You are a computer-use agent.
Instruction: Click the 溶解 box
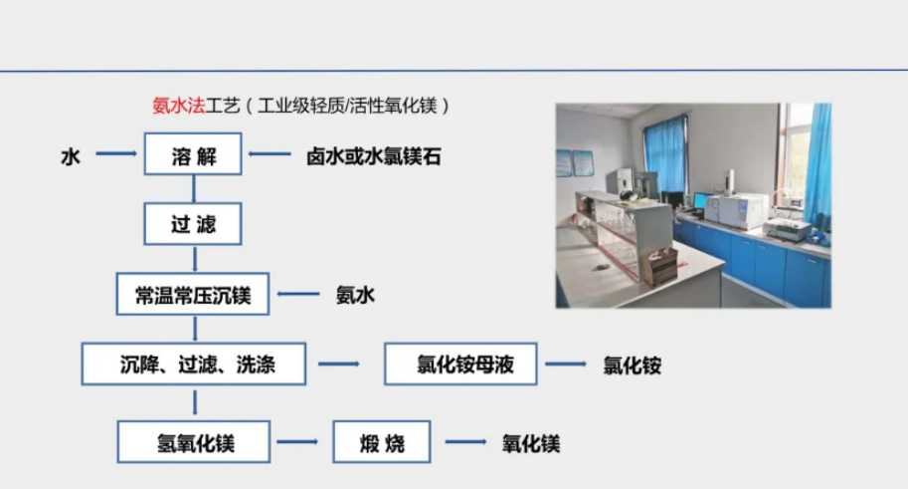coord(193,153)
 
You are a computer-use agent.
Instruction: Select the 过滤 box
coord(193,224)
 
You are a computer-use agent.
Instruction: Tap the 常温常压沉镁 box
coord(193,294)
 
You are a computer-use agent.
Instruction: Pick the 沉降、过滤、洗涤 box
coord(193,365)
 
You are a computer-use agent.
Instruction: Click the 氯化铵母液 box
coord(460,365)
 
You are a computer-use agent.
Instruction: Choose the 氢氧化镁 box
coord(194,442)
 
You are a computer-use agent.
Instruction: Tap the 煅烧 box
coord(382,442)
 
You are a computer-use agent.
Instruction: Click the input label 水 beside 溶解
coord(71,156)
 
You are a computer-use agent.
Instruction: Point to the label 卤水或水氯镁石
coord(374,156)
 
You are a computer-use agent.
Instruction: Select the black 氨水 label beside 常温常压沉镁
coord(356,295)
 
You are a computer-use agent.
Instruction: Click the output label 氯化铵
coord(633,366)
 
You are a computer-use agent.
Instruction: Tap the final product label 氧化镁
coord(531,444)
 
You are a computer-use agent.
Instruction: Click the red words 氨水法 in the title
coord(178,106)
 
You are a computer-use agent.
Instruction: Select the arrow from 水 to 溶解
coord(116,153)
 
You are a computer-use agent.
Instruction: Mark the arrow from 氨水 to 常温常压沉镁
coord(298,294)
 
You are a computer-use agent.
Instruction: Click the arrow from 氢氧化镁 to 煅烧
coord(297,442)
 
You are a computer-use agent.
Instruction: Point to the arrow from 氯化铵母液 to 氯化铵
coord(566,365)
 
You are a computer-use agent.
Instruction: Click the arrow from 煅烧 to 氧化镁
coord(465,442)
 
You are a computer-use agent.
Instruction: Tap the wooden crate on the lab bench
coord(660,268)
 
